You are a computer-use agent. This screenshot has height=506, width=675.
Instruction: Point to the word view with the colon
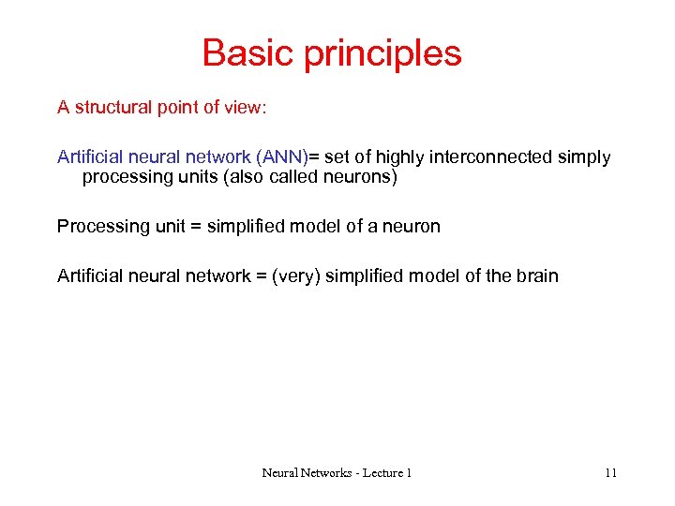click(x=247, y=108)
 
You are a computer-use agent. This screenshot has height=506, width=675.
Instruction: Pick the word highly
click(x=401, y=157)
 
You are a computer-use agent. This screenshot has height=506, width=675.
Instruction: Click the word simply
click(x=586, y=157)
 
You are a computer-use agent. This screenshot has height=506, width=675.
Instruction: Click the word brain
click(x=535, y=276)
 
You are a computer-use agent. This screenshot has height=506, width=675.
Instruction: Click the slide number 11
click(x=610, y=473)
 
